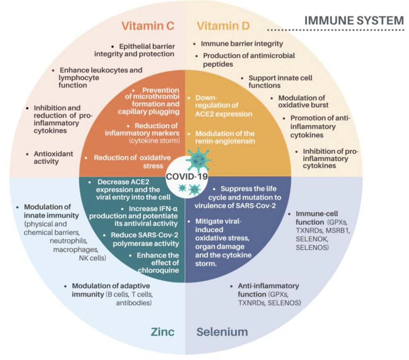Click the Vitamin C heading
[148, 26]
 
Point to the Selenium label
[222, 332]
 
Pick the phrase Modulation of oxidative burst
[304, 101]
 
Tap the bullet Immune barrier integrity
[242, 44]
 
